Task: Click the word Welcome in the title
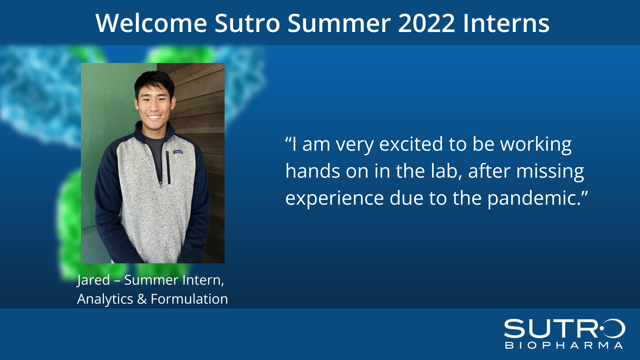point(151,23)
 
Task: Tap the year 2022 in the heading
point(426,23)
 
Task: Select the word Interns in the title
point(506,23)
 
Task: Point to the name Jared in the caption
point(93,280)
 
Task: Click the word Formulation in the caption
point(189,299)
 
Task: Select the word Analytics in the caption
point(105,299)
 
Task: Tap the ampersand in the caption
point(142,299)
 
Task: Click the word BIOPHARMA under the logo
point(564,345)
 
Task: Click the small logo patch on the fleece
point(178,152)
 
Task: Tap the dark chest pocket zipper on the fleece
point(168,168)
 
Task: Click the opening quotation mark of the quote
point(288,139)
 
